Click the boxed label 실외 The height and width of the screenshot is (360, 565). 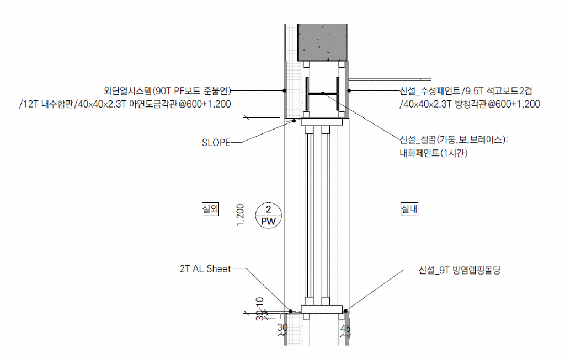[x=210, y=209]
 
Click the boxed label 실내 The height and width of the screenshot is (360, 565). [x=409, y=209]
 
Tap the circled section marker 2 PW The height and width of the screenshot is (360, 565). [x=269, y=215]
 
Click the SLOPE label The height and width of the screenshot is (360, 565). [x=216, y=143]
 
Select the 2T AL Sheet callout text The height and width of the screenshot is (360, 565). [x=205, y=268]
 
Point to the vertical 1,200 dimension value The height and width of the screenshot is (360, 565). [x=241, y=215]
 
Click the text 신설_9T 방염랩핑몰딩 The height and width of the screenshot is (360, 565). [x=460, y=270]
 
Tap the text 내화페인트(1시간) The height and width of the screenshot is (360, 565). [x=434, y=153]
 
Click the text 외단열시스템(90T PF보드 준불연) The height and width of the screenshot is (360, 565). [x=167, y=90]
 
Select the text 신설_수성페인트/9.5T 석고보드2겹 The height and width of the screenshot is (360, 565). [x=466, y=90]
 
